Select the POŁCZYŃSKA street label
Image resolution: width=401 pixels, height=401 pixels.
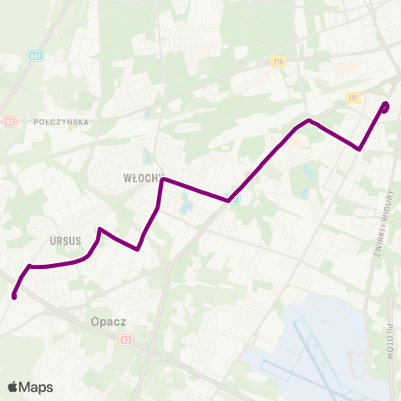tap(62, 122)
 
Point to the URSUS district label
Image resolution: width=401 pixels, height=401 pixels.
tap(65, 241)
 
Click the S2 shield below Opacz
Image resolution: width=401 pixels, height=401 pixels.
tap(125, 339)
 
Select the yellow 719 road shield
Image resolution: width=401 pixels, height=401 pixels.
tap(277, 62)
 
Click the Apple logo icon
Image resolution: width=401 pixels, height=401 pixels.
tap(13, 387)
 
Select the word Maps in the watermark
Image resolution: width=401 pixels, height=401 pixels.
tap(36, 387)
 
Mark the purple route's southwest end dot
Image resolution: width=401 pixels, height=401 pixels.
tap(14, 296)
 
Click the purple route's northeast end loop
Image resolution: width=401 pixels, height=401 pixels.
tap(385, 106)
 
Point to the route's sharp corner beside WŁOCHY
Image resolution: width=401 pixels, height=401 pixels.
tap(163, 180)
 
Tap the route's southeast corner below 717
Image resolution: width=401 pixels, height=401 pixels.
tap(359, 150)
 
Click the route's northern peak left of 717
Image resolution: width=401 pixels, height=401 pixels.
tap(309, 120)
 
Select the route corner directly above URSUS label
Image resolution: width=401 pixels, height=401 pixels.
tap(99, 229)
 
